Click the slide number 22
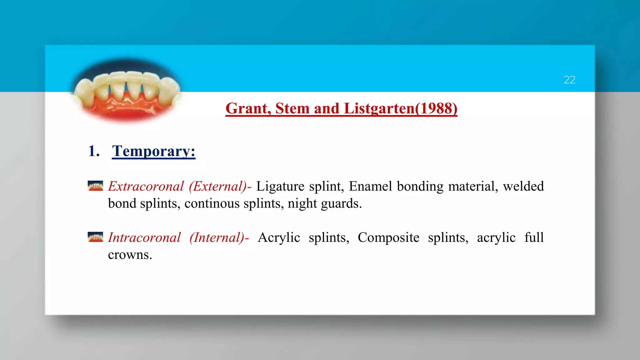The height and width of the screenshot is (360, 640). (569, 80)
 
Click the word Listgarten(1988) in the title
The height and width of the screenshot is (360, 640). (400, 109)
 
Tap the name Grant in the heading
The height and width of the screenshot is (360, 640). (248, 109)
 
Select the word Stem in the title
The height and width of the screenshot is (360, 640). (292, 109)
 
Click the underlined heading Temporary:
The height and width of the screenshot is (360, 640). (153, 151)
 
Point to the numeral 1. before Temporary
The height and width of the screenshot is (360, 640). (94, 151)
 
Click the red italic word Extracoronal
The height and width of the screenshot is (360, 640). (146, 187)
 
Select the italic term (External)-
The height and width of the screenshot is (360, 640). (220, 187)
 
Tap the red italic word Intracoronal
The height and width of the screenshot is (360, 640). (144, 238)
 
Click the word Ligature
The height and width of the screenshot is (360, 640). (280, 187)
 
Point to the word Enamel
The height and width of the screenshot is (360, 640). (370, 187)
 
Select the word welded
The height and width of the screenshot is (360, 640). (523, 187)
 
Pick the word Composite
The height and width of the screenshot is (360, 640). (388, 238)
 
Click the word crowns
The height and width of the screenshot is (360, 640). (130, 255)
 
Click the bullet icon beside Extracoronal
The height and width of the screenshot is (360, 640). (95, 186)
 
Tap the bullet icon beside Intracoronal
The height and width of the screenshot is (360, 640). (95, 237)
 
